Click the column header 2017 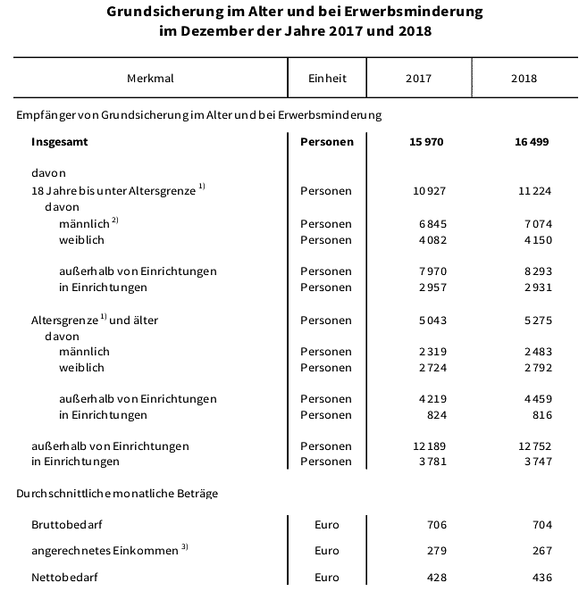pyautogui.click(x=417, y=78)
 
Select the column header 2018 pyautogui.click(x=524, y=78)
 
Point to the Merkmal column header pyautogui.click(x=150, y=78)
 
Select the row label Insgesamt pyautogui.click(x=59, y=141)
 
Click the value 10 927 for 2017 pyautogui.click(x=426, y=190)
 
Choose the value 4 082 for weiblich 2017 pyautogui.click(x=430, y=239)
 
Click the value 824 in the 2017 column pyautogui.click(x=434, y=414)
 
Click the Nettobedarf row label pyautogui.click(x=64, y=578)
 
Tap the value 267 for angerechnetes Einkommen pyautogui.click(x=541, y=551)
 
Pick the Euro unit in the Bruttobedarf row pyautogui.click(x=327, y=525)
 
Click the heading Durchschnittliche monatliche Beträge pyautogui.click(x=117, y=492)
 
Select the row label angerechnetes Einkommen pyautogui.click(x=105, y=551)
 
